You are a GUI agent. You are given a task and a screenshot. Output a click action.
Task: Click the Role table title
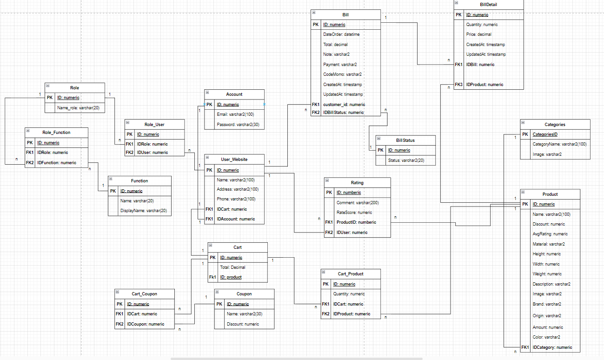(74, 88)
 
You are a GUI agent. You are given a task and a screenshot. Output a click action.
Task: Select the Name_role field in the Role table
(78, 108)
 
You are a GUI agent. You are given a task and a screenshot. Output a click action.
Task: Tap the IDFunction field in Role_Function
(57, 163)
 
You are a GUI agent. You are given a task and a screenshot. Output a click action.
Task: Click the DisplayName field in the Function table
(144, 211)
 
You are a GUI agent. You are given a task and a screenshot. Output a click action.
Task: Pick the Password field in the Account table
(238, 125)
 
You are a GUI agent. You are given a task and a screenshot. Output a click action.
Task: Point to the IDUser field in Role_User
(153, 153)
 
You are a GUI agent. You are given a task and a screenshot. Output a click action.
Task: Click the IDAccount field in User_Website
(236, 219)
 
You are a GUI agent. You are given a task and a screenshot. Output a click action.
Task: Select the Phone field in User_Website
(236, 199)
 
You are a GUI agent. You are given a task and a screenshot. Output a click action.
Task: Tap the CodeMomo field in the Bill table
(342, 74)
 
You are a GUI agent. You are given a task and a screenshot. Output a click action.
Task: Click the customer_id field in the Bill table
(344, 105)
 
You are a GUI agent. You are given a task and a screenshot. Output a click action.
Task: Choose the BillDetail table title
(488, 5)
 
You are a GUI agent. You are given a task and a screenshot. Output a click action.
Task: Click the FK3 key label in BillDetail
(458, 84)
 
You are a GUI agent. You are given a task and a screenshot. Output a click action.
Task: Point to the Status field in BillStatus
(406, 160)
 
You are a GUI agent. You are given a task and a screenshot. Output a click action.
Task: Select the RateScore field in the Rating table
(354, 213)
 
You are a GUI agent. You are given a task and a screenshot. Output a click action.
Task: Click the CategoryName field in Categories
(559, 144)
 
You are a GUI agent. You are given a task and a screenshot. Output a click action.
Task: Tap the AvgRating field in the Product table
(550, 234)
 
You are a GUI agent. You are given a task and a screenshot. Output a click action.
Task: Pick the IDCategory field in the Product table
(552, 347)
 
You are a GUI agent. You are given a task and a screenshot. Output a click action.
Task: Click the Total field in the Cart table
(232, 267)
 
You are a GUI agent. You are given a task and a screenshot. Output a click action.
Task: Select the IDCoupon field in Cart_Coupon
(146, 324)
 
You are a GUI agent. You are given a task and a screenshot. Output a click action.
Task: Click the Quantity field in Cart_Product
(349, 294)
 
